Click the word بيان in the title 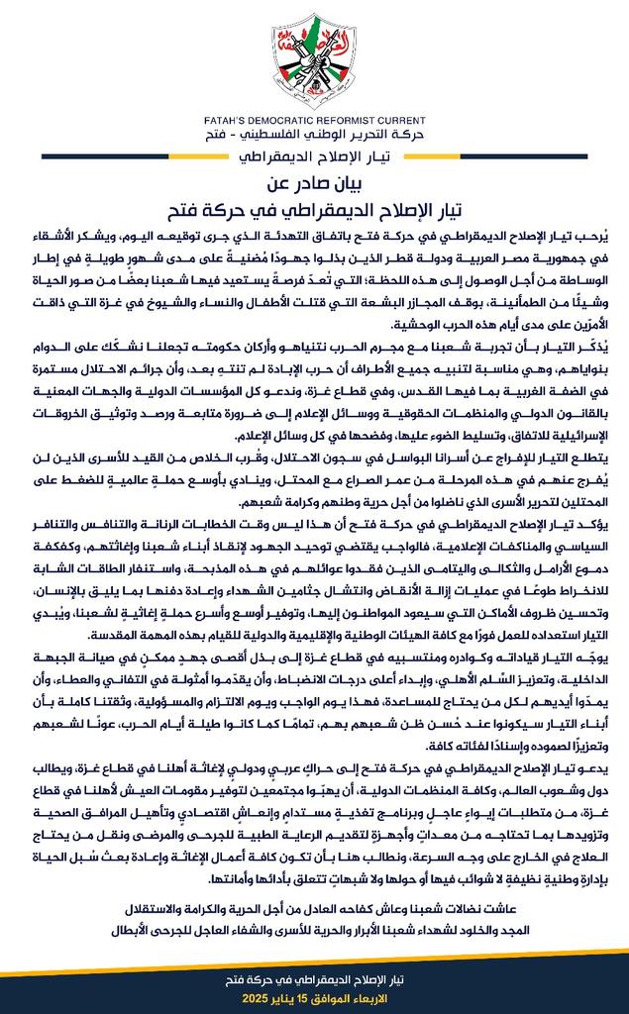358,183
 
